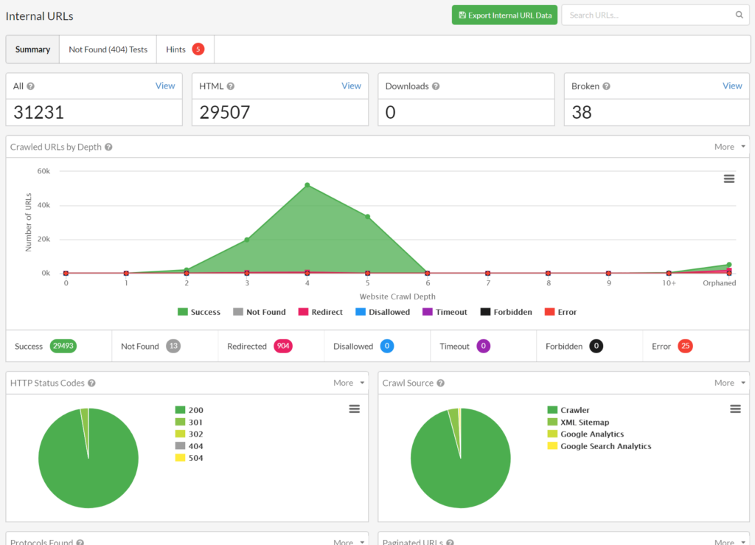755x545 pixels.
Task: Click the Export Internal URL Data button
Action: [504, 15]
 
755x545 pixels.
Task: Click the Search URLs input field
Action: [649, 15]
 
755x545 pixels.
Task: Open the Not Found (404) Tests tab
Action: [108, 49]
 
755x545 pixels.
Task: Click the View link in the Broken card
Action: [731, 86]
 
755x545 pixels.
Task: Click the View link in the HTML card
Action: [351, 86]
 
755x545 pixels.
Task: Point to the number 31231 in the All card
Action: [39, 112]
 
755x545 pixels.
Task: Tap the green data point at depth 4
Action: [307, 185]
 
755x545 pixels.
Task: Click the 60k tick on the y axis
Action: [44, 171]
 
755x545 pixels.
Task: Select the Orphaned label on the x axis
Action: [718, 283]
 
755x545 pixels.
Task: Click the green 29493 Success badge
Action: [63, 346]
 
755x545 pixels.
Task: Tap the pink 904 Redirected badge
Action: [283, 346]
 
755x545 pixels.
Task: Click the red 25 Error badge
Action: [685, 346]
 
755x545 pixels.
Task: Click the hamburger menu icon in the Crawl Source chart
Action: [735, 409]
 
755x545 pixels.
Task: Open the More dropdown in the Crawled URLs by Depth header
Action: [727, 147]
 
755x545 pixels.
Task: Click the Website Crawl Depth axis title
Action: [397, 296]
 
